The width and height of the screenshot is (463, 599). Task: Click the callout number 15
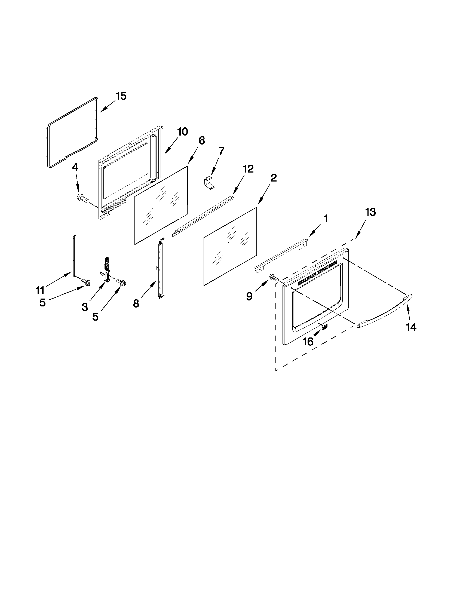[x=121, y=96]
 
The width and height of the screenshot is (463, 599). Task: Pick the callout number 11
[x=40, y=290]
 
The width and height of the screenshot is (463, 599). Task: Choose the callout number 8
[x=136, y=304]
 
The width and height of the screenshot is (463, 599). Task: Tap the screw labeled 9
[x=274, y=277]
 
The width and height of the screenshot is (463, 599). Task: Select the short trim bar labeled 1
[x=281, y=255]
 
